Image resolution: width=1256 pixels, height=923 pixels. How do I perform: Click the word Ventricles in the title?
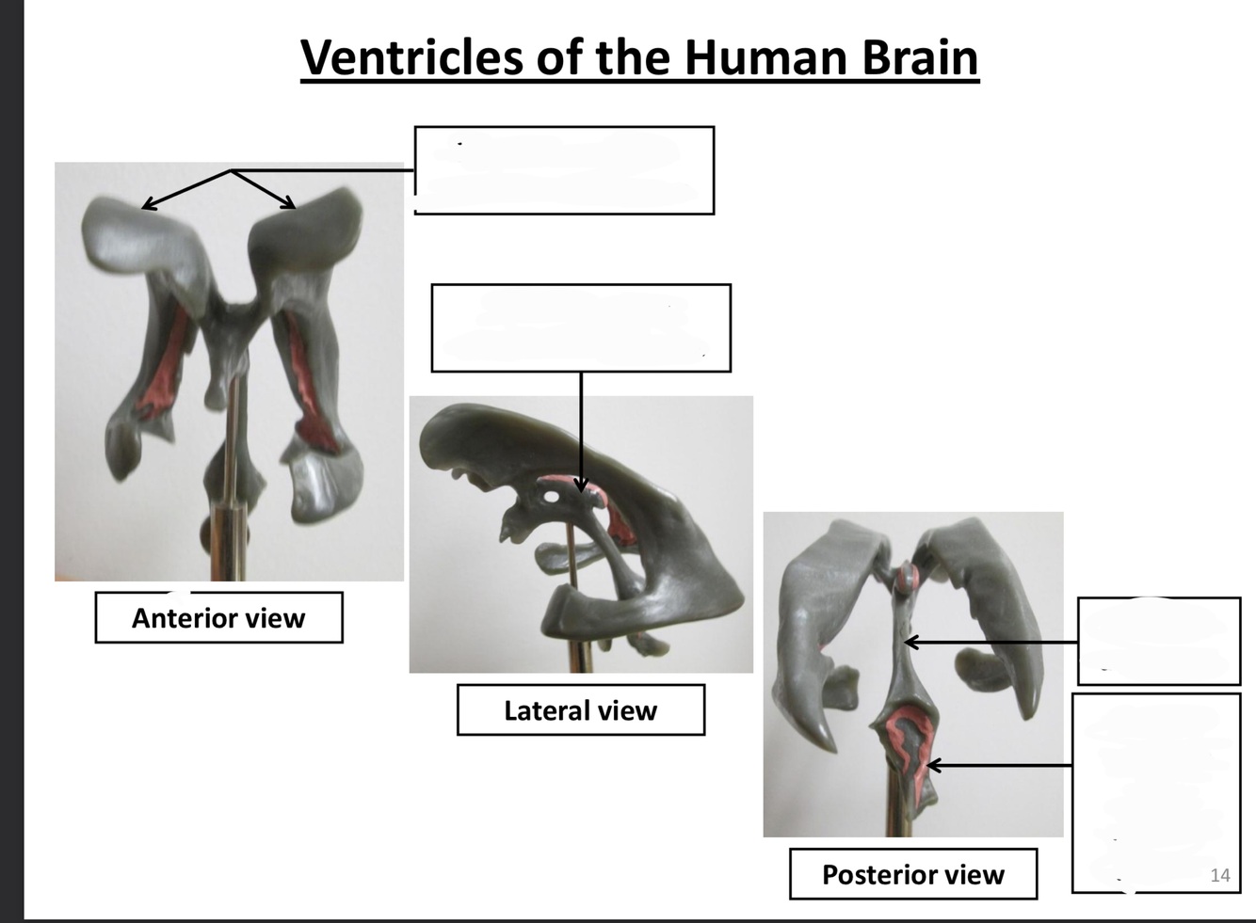412,57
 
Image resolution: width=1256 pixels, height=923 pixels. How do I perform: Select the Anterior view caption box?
218,618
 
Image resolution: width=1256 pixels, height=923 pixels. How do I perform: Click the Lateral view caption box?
580,710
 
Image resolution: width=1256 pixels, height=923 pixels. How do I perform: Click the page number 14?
1219,875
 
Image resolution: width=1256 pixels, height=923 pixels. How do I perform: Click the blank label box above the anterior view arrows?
564,170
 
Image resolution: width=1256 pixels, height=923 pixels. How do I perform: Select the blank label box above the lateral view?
580,327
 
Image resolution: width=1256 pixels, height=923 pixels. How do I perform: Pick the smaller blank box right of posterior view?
1158,641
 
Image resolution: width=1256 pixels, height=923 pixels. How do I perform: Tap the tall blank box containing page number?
1155,792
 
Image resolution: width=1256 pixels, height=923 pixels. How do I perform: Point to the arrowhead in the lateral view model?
581,485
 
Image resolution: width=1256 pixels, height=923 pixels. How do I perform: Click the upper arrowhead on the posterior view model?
910,643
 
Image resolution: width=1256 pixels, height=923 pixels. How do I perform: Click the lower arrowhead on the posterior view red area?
933,766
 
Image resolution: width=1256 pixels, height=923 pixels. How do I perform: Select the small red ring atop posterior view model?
907,575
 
